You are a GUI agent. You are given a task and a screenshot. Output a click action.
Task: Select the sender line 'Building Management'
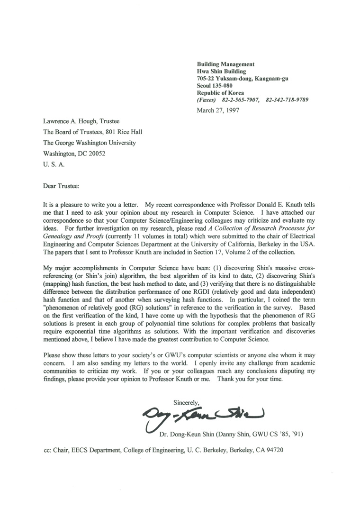coord(226,64)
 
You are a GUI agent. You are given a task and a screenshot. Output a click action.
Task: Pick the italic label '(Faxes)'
coord(206,100)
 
